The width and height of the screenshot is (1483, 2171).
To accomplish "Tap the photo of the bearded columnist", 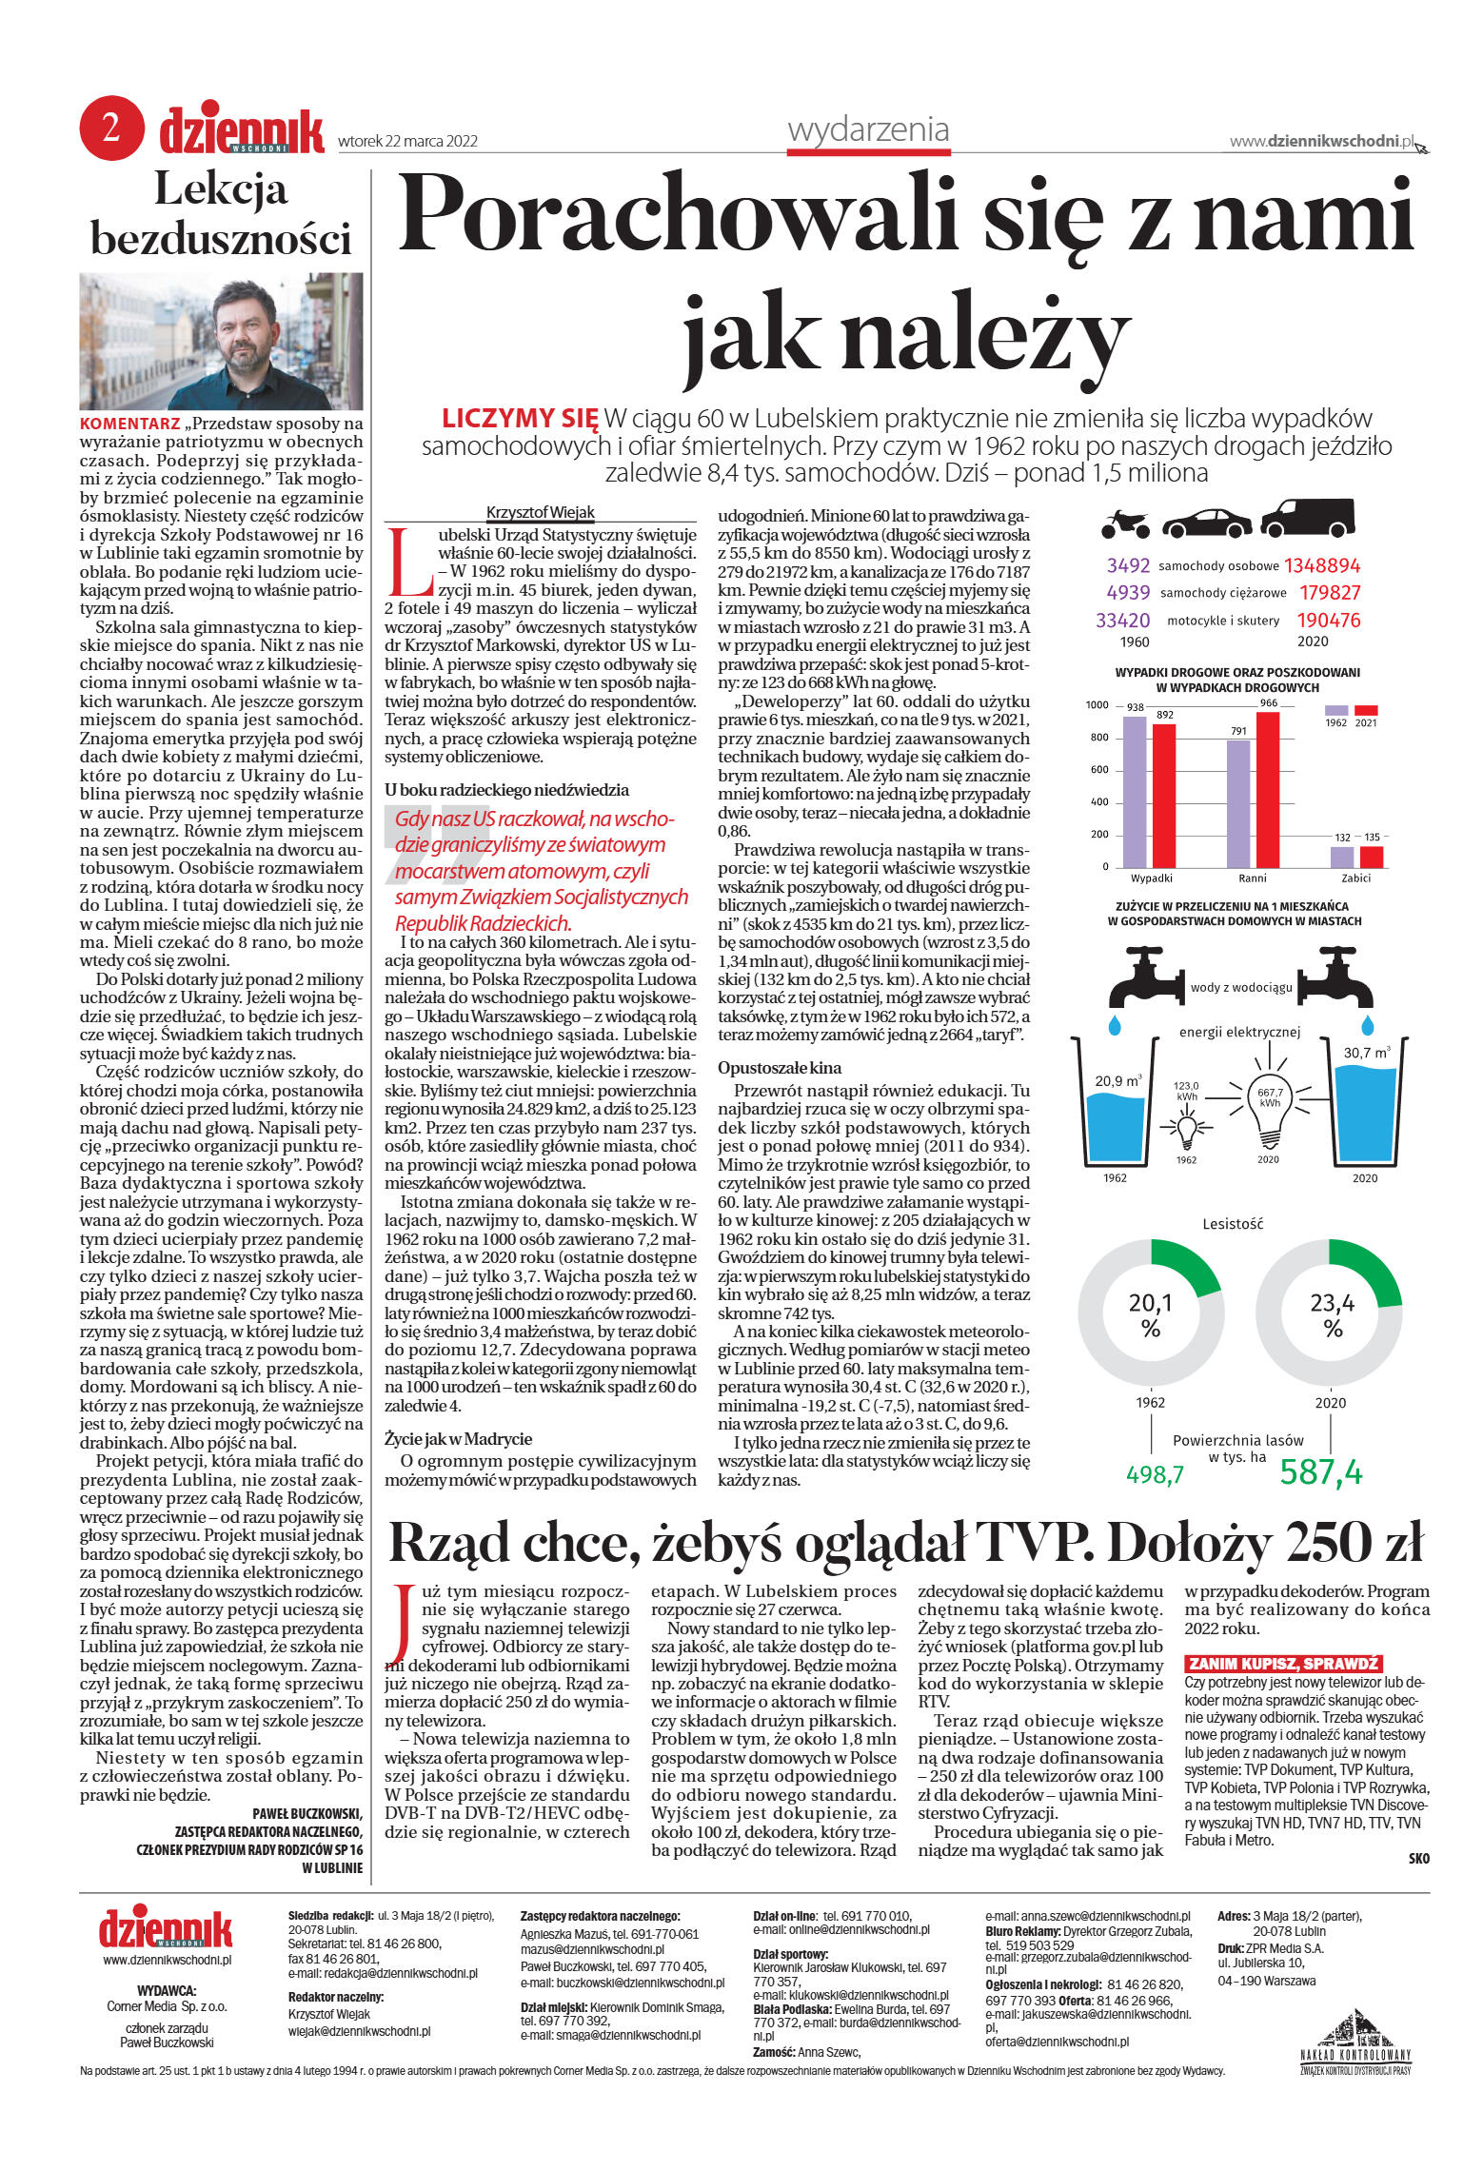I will pos(221,341).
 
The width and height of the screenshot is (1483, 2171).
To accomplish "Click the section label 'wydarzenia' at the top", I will pos(868,129).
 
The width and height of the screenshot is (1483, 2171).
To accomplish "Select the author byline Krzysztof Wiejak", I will pos(540,512).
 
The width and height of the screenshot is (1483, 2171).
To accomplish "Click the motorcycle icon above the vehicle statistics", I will pos(1125,523).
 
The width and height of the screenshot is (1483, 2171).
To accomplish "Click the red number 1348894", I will pos(1322,565).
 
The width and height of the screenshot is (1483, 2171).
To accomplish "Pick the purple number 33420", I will pos(1123,621).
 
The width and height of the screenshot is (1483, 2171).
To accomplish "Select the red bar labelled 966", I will pos(1268,790).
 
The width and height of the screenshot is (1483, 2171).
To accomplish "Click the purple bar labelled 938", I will pos(1135,792).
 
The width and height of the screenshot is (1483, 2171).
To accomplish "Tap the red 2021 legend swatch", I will pos(1366,710).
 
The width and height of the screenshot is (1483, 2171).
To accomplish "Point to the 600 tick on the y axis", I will pos(1098,769).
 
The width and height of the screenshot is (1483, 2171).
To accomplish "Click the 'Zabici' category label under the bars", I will pos(1355,878).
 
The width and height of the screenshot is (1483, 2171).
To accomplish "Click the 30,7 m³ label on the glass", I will pos(1365,1053).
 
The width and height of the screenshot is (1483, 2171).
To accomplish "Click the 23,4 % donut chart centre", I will pos(1332,1314).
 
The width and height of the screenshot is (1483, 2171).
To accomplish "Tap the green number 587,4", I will pos(1321,1472).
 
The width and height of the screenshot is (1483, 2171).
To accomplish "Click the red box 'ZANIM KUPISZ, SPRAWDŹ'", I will pos(1282,1664).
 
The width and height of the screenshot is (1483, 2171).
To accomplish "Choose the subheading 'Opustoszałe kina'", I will pos(780,1068).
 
